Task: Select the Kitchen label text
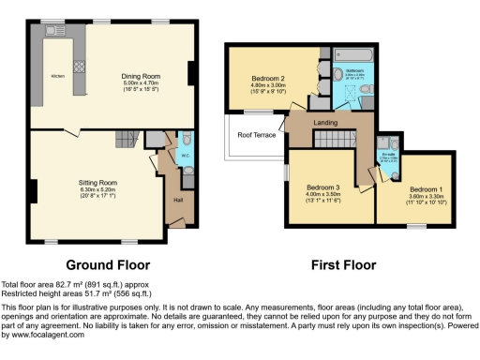click(57, 76)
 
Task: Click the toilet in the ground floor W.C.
click(186, 170)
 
